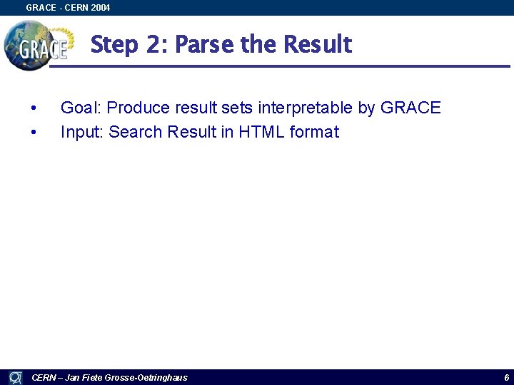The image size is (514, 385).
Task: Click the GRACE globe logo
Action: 37,45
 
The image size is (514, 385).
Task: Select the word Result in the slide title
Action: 317,45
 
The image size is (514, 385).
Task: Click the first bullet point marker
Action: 33,108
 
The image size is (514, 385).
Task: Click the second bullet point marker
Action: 33,133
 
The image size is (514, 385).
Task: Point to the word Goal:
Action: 81,108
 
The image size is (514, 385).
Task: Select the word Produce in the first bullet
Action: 136,108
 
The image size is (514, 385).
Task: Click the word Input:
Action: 82,133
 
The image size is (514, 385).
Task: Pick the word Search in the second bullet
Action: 135,133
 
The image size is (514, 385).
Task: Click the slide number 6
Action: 506,377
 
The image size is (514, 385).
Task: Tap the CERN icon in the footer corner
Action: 15,377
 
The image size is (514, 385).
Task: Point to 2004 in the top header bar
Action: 101,8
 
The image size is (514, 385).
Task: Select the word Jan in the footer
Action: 72,377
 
